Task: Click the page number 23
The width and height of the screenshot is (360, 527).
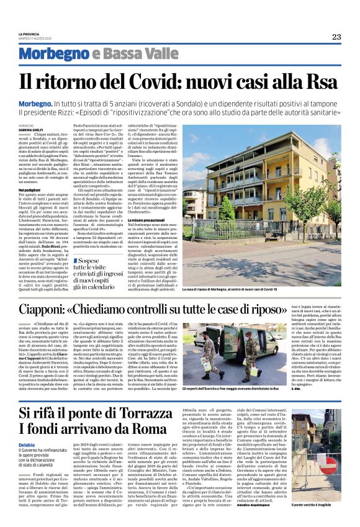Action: (336, 37)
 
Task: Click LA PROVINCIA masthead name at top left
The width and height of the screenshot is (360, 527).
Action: (28, 34)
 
